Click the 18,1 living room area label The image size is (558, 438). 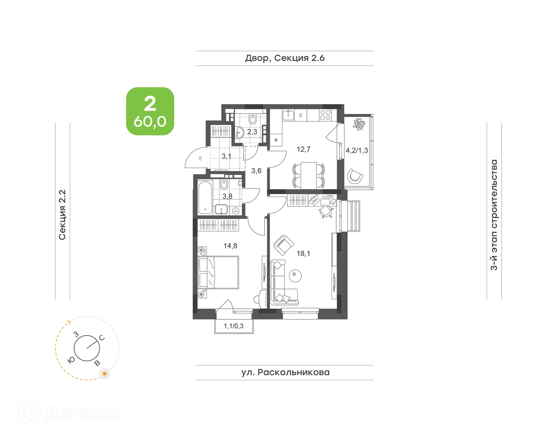pyautogui.click(x=303, y=253)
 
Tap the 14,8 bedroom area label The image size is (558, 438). pyautogui.click(x=230, y=246)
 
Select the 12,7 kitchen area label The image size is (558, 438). pyautogui.click(x=303, y=149)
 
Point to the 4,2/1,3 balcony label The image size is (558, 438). pyautogui.click(x=357, y=151)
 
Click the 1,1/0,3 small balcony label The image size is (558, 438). pyautogui.click(x=233, y=326)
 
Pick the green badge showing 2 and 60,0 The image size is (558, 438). pyautogui.click(x=150, y=111)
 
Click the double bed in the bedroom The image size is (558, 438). pyautogui.click(x=219, y=272)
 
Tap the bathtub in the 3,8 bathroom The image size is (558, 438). pyautogui.click(x=205, y=198)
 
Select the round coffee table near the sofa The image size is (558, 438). pyautogui.click(x=295, y=275)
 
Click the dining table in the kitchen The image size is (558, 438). pyautogui.click(x=308, y=175)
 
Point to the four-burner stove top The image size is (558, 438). pyautogui.click(x=325, y=115)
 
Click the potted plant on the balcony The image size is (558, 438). pyautogui.click(x=359, y=124)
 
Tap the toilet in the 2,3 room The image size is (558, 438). pyautogui.click(x=253, y=119)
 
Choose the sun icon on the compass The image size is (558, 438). pyautogui.click(x=105, y=373)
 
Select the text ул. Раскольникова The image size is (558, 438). pyautogui.click(x=285, y=372)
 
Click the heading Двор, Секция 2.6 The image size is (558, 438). pyautogui.click(x=285, y=58)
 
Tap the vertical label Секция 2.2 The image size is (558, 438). pyautogui.click(x=62, y=215)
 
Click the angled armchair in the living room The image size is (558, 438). pyautogui.click(x=283, y=245)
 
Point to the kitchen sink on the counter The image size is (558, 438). pyautogui.click(x=288, y=115)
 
